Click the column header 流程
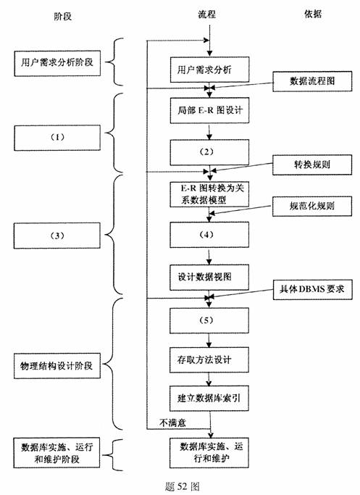click(x=208, y=14)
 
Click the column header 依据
click(x=313, y=14)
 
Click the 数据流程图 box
click(x=312, y=80)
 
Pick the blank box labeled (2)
click(x=209, y=151)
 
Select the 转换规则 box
click(x=312, y=164)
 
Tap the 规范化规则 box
click(x=311, y=205)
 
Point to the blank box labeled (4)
click(x=209, y=236)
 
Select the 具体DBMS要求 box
click(x=311, y=288)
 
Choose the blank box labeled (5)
click(x=209, y=319)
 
